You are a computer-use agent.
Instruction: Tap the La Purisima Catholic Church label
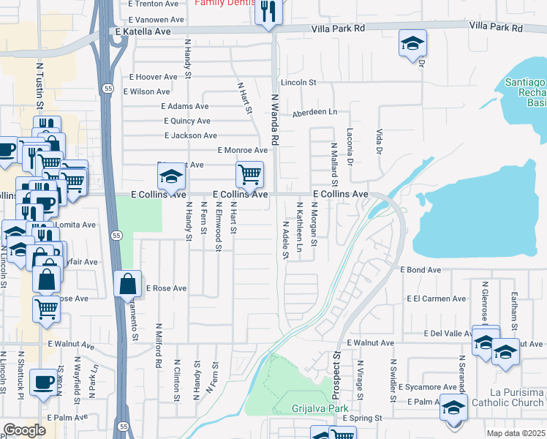coord(508,398)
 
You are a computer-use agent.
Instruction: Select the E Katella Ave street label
coord(143,32)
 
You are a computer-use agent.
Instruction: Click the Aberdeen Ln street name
coord(314,112)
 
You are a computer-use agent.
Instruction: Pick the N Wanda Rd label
coord(275,117)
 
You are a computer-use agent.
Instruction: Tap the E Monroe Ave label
coord(242,150)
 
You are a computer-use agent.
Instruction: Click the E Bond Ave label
coord(420,270)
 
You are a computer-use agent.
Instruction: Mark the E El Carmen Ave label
coord(436,299)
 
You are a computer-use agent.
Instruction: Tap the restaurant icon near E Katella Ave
coord(268,12)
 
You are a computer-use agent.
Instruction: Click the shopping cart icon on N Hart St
coord(249,175)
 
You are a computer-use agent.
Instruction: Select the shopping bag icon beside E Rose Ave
coord(128,284)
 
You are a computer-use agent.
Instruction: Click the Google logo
coord(25,430)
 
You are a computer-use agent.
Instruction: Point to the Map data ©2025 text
coord(516,433)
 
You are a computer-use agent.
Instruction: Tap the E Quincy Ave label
coord(187,121)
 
